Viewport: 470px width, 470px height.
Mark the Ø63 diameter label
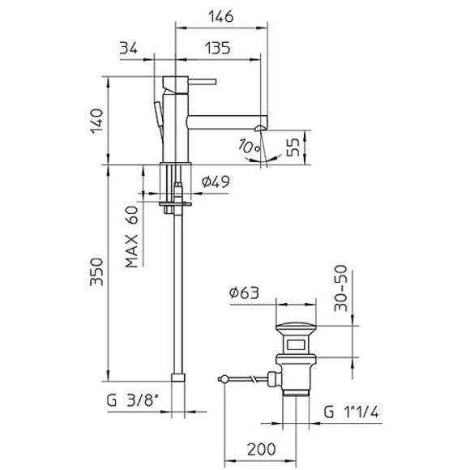[243, 293]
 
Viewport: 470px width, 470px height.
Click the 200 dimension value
[261, 448]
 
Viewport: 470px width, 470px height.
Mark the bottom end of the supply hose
[178, 377]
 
